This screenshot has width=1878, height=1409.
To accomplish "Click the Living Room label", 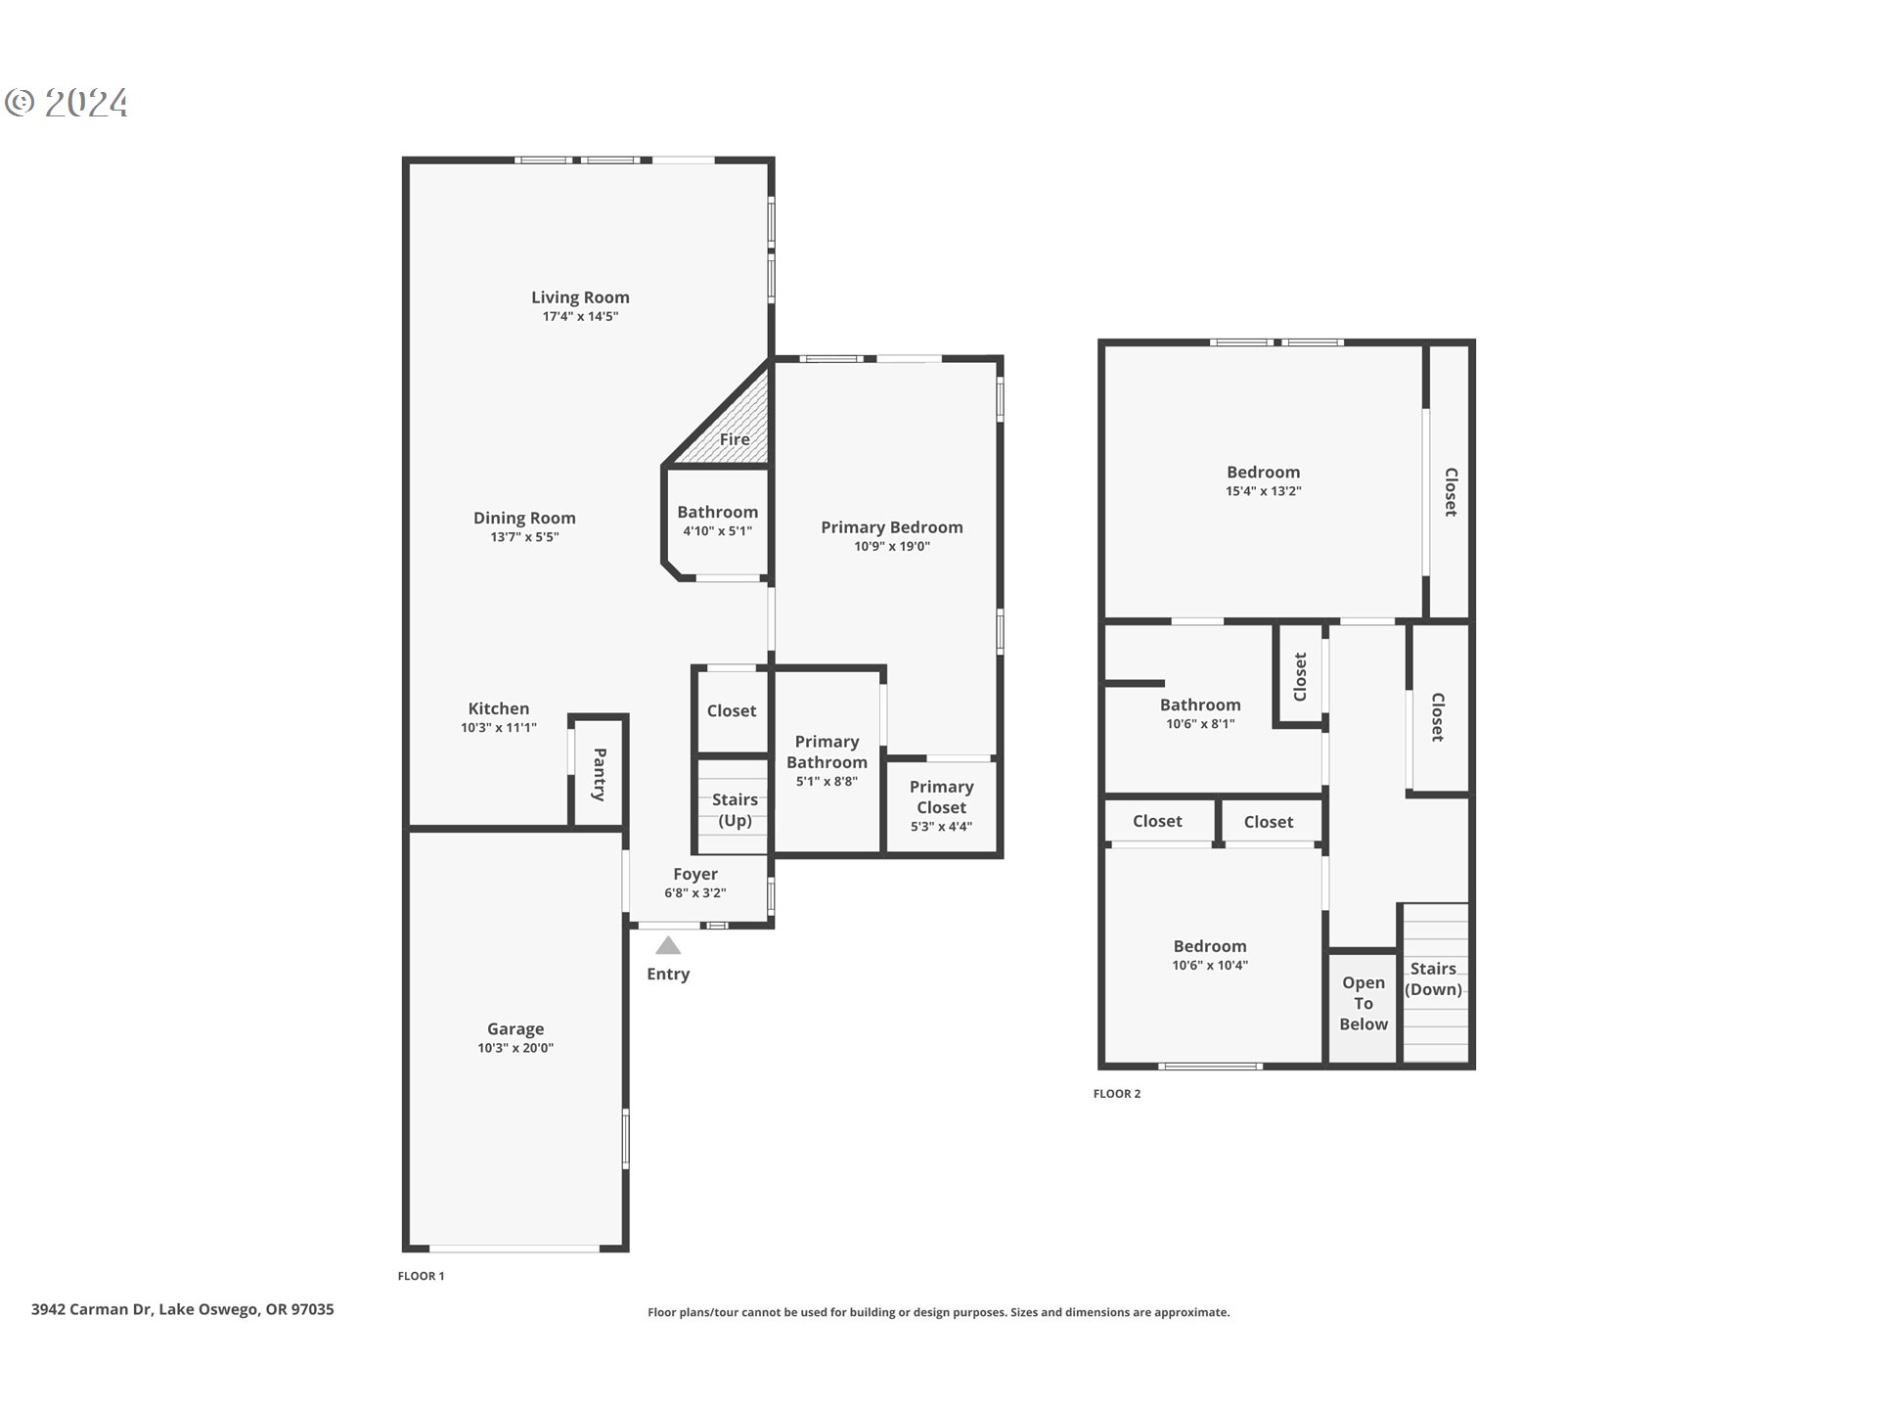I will tap(580, 297).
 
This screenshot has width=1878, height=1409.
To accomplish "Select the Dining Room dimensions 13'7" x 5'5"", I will tap(524, 537).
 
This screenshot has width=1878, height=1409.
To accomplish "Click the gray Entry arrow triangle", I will tap(668, 945).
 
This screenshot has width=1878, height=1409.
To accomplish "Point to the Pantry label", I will tap(600, 774).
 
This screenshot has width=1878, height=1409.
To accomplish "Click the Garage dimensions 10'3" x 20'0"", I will tap(515, 1048).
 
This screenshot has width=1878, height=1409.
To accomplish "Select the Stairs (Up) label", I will tap(735, 810).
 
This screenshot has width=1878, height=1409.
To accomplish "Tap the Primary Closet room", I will tap(941, 806).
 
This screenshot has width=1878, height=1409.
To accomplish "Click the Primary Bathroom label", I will tap(827, 751).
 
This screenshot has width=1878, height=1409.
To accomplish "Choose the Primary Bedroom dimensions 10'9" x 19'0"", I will tap(892, 547).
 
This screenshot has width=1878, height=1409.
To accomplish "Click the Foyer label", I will tap(695, 874).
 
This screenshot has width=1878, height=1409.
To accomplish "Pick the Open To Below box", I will tap(1363, 1005).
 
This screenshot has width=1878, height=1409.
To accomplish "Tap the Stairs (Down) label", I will tap(1433, 978).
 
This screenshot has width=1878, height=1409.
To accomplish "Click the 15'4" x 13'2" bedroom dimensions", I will tap(1264, 491).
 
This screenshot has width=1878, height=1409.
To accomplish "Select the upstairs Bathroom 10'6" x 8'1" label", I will tap(1200, 705).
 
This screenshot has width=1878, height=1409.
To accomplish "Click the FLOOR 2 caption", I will tap(1117, 1094).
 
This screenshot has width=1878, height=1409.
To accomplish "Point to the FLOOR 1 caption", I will tap(421, 1276).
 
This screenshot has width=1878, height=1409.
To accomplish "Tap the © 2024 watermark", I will tap(67, 103).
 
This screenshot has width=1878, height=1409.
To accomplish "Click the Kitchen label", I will tap(498, 708).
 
